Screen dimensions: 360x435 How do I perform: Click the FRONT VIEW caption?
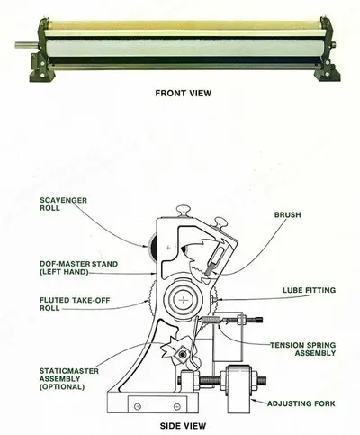click(x=183, y=94)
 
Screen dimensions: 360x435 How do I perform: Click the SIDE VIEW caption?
click(x=183, y=426)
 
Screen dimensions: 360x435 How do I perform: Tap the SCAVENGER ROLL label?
click(x=63, y=204)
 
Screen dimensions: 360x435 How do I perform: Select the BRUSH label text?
click(x=287, y=215)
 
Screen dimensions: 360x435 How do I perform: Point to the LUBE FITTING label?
click(x=309, y=290)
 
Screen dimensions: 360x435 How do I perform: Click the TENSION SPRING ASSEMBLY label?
click(x=302, y=349)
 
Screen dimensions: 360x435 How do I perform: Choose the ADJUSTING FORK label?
click(x=301, y=403)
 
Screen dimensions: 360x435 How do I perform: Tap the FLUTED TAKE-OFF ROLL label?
click(x=75, y=304)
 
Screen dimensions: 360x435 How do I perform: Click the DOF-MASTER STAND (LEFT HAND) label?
click(x=78, y=268)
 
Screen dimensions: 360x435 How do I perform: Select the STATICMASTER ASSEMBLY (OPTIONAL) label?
click(x=69, y=379)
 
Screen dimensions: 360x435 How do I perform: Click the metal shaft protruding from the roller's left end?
click(x=27, y=45)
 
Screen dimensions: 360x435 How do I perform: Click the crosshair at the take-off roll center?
click(x=183, y=300)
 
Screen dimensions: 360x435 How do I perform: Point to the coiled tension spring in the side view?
click(x=208, y=320)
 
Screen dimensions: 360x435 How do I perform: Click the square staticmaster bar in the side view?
click(x=182, y=355)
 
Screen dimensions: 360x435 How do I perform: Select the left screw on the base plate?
click(x=138, y=406)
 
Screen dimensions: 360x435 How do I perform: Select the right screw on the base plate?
click(x=177, y=406)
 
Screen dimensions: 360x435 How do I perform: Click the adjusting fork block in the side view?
click(x=239, y=389)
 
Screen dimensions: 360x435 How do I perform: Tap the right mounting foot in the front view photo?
click(x=327, y=71)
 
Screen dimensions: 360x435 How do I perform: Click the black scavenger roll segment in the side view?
click(x=153, y=247)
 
